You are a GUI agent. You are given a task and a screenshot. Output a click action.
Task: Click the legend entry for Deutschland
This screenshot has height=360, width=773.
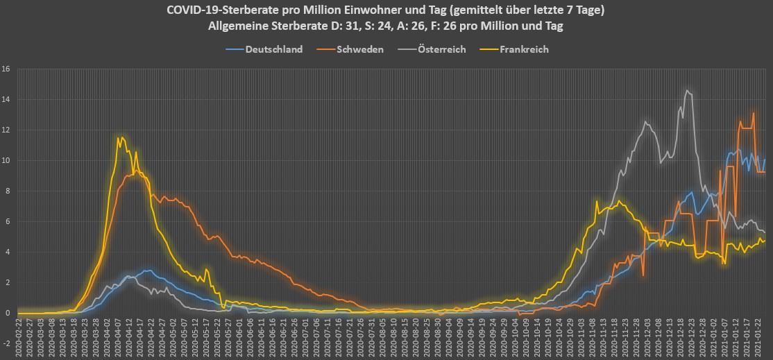tap(273, 49)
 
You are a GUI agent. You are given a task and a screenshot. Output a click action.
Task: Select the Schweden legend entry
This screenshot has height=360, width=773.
tap(359, 49)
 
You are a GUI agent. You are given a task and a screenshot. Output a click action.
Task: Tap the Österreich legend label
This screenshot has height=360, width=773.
tap(441, 49)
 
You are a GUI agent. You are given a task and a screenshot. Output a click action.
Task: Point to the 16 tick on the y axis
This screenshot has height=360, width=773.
tap(6, 69)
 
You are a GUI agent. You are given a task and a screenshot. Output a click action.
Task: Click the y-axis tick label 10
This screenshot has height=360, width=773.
tap(6, 161)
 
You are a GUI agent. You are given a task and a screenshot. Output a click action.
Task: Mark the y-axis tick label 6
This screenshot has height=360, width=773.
tap(8, 222)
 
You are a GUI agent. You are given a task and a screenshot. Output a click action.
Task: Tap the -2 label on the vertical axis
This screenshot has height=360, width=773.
tap(6, 344)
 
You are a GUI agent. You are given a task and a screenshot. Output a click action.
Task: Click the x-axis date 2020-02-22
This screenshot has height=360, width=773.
tap(19, 337)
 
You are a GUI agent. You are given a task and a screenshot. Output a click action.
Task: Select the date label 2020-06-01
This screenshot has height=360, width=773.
tap(239, 337)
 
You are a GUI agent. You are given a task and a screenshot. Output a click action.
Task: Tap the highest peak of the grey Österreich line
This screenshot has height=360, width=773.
tap(687, 90)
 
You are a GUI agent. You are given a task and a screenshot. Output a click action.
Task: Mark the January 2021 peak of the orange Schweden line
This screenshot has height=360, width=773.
tap(754, 113)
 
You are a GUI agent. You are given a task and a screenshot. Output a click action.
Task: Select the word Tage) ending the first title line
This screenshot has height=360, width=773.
tap(590, 10)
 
